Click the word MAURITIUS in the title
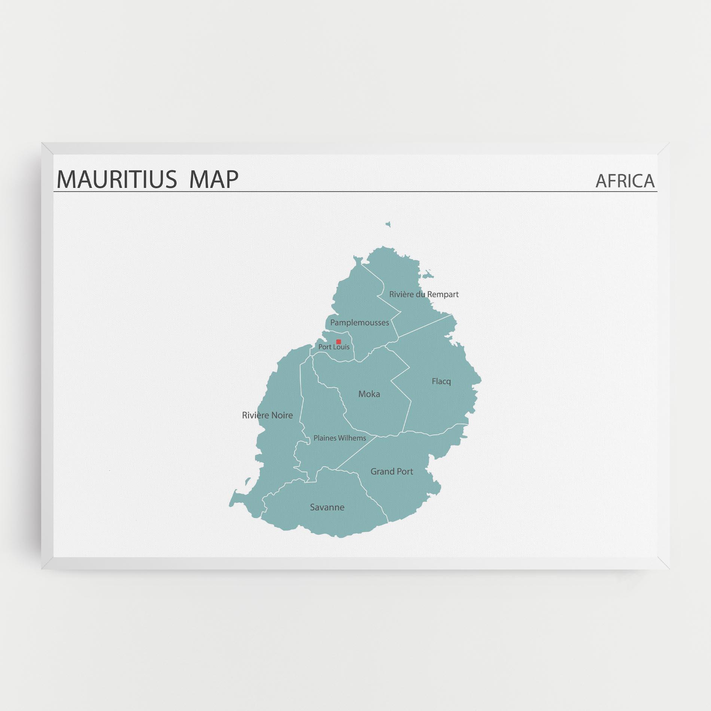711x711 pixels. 116,179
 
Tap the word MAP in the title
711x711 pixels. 214,179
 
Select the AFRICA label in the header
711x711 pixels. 625,181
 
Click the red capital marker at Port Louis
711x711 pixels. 339,342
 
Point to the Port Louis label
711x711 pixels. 334,347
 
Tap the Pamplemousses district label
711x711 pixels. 359,323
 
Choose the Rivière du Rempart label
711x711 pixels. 424,295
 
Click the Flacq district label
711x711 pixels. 441,381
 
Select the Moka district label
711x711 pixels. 369,394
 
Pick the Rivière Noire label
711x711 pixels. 267,415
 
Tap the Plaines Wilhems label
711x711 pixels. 340,438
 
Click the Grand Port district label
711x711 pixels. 391,472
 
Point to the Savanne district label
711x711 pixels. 327,507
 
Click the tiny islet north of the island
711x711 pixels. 388,225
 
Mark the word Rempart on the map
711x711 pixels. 443,295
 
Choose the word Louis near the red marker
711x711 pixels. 341,347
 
